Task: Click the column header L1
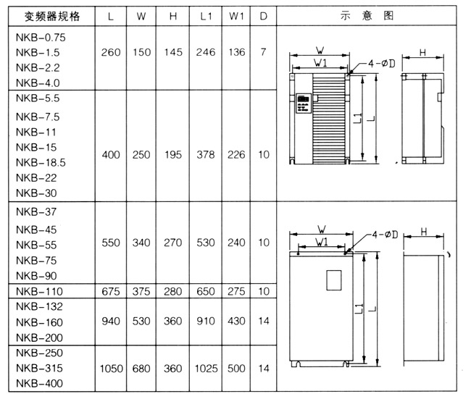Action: pyautogui.click(x=206, y=16)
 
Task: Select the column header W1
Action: pyautogui.click(x=236, y=16)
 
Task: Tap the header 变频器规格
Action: pyautogui.click(x=52, y=16)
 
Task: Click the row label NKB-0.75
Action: pyautogui.click(x=41, y=38)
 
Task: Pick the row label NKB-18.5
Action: pyautogui.click(x=41, y=163)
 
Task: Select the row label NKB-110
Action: pyautogui.click(x=39, y=292)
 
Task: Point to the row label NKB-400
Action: pyautogui.click(x=39, y=383)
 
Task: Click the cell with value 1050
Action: pyautogui.click(x=111, y=369)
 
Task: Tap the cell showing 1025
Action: pyautogui.click(x=206, y=369)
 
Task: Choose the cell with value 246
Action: pyautogui.click(x=206, y=52)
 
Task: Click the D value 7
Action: pyautogui.click(x=264, y=52)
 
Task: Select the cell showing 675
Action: pyautogui.click(x=111, y=292)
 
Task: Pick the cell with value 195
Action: pyautogui.click(x=173, y=155)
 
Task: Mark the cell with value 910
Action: pyautogui.click(x=206, y=322)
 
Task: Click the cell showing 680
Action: pyautogui.click(x=141, y=369)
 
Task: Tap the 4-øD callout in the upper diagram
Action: pyautogui.click(x=382, y=64)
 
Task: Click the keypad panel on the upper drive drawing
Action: pyautogui.click(x=304, y=104)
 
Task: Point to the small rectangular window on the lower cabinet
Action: pyautogui.click(x=334, y=280)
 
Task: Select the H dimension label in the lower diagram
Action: pyautogui.click(x=424, y=232)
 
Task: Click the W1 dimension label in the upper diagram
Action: pyautogui.click(x=320, y=63)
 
